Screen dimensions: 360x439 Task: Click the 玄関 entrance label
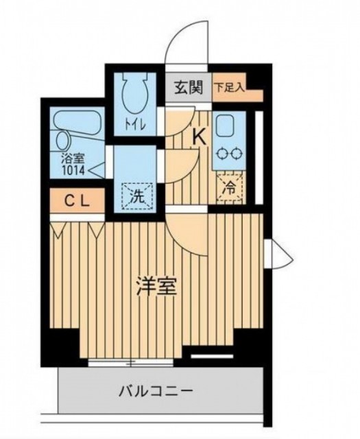click(x=189, y=88)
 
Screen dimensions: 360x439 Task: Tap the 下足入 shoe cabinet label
click(x=230, y=88)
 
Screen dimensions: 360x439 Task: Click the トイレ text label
click(x=136, y=125)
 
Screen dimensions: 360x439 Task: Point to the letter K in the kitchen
click(x=200, y=138)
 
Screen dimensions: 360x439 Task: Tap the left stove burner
click(x=222, y=154)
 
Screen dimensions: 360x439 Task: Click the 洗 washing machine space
click(x=137, y=196)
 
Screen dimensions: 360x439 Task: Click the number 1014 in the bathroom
click(x=73, y=171)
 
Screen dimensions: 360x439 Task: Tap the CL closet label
click(x=77, y=201)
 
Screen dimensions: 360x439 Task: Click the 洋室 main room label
click(x=157, y=286)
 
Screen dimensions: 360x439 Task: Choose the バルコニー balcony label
click(x=156, y=391)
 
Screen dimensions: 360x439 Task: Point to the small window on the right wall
click(x=278, y=254)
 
